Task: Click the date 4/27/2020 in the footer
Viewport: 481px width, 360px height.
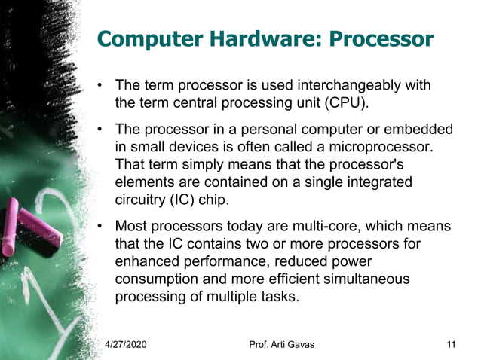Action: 125,344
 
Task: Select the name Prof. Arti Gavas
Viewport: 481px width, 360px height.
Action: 281,344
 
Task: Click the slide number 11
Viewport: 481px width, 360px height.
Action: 451,344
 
